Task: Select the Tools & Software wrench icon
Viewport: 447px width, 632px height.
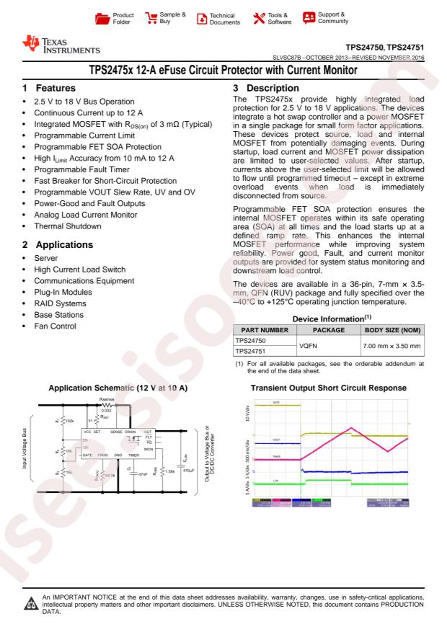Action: tap(258, 17)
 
